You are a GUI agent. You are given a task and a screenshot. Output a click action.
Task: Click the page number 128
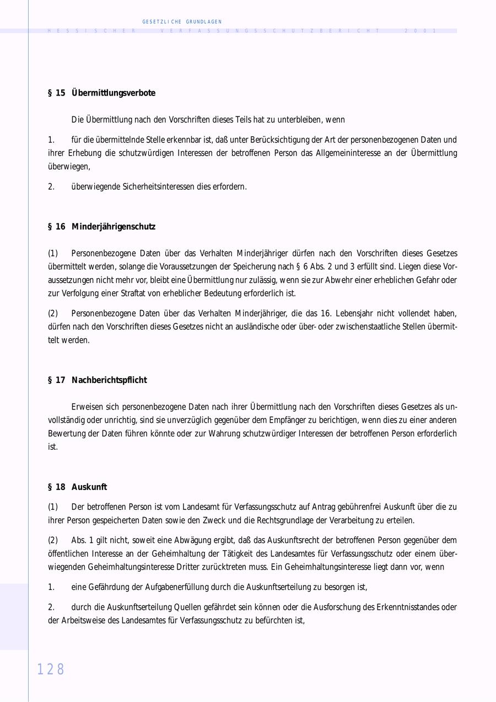click(x=51, y=669)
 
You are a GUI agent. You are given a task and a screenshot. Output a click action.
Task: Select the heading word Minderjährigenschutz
click(x=114, y=226)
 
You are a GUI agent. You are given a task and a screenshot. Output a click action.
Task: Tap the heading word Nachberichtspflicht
click(x=109, y=380)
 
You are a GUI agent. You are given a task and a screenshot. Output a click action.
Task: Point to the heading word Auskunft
click(x=89, y=487)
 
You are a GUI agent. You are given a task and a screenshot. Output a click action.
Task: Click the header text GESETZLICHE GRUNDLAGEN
click(x=182, y=22)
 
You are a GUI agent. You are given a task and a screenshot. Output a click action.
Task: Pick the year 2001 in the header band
click(x=420, y=31)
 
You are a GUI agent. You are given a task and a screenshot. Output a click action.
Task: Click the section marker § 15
click(x=57, y=93)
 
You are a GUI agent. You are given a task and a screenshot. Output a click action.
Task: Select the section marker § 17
click(x=57, y=380)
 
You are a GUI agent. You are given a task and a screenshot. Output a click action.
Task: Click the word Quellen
click(x=186, y=607)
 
